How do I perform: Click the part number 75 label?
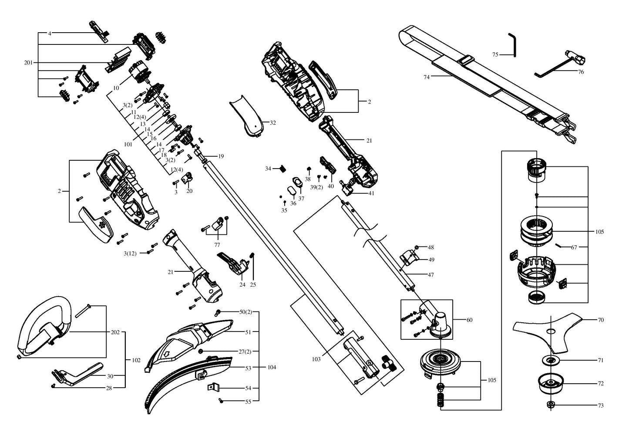pyautogui.click(x=495, y=55)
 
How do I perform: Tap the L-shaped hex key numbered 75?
pyautogui.click(x=513, y=44)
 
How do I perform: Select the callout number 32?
pyautogui.click(x=272, y=123)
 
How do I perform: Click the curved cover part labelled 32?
pyautogui.click(x=248, y=116)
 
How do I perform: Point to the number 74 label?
pyautogui.click(x=427, y=77)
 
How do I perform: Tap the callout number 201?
pyautogui.click(x=28, y=63)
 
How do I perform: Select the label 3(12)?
pyautogui.click(x=130, y=253)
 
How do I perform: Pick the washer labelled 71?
pyautogui.click(x=551, y=360)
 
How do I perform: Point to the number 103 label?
pyautogui.click(x=316, y=359)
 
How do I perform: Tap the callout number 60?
pyautogui.click(x=469, y=320)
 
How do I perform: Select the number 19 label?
pyautogui.click(x=221, y=156)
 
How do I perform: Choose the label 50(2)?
pyautogui.click(x=246, y=312)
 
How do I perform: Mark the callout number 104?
pyautogui.click(x=272, y=368)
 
